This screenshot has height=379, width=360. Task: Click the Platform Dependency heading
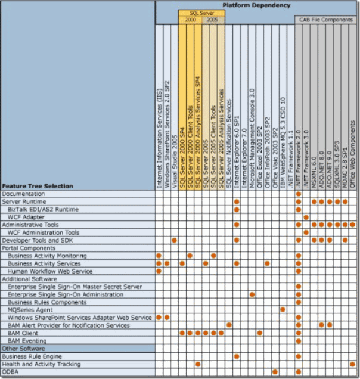(x=257, y=5)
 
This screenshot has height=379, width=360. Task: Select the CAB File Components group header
(x=326, y=20)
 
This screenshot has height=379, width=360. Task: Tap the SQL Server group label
(x=201, y=13)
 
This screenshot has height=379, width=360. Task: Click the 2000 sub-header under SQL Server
(x=190, y=20)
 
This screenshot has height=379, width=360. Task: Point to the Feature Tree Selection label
(x=37, y=186)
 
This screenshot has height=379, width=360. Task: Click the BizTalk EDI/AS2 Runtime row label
(x=43, y=209)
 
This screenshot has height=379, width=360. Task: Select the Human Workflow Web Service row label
(x=50, y=271)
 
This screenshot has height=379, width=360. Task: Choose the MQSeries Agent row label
(x=30, y=310)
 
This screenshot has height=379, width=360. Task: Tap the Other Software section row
(x=18, y=349)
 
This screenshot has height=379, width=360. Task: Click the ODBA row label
(x=10, y=372)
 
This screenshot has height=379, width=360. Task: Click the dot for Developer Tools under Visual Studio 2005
(x=174, y=240)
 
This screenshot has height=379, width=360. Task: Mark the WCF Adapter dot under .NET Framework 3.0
(x=306, y=217)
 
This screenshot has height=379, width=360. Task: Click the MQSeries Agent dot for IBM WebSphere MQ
(x=283, y=310)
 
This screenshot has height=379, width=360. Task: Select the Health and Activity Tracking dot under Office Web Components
(x=353, y=364)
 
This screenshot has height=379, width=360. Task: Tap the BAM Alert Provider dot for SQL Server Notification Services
(x=228, y=325)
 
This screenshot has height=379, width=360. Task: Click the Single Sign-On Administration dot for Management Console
(x=252, y=294)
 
